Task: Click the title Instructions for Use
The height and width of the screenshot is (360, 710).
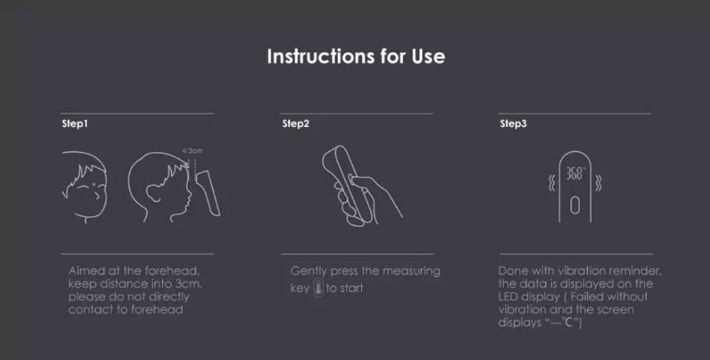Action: tap(356, 56)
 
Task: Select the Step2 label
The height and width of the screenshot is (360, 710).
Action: tap(295, 124)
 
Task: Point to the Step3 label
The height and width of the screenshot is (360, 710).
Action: tap(513, 124)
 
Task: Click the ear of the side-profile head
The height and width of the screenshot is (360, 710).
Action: tap(151, 191)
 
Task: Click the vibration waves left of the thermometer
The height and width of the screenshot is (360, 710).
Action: tap(551, 183)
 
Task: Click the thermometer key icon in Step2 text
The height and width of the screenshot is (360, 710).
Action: tap(317, 288)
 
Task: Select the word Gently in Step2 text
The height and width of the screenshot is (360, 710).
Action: tap(309, 271)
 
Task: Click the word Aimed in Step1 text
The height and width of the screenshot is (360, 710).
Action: tap(85, 271)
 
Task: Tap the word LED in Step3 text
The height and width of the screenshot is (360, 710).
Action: tap(510, 297)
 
